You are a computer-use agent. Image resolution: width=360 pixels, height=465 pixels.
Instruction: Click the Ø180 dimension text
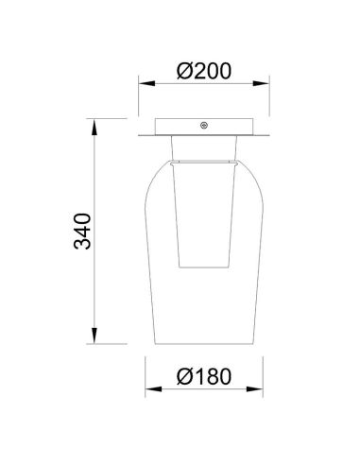pyautogui.click(x=203, y=377)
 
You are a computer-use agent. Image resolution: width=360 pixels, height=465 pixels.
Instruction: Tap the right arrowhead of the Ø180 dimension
pyautogui.click(x=257, y=390)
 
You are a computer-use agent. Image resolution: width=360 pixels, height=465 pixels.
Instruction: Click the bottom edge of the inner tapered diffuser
pyautogui.click(x=204, y=267)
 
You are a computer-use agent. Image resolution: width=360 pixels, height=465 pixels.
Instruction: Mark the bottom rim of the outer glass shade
pyautogui.click(x=204, y=340)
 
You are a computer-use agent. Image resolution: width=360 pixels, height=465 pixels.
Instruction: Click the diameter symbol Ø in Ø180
pyautogui.click(x=182, y=377)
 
